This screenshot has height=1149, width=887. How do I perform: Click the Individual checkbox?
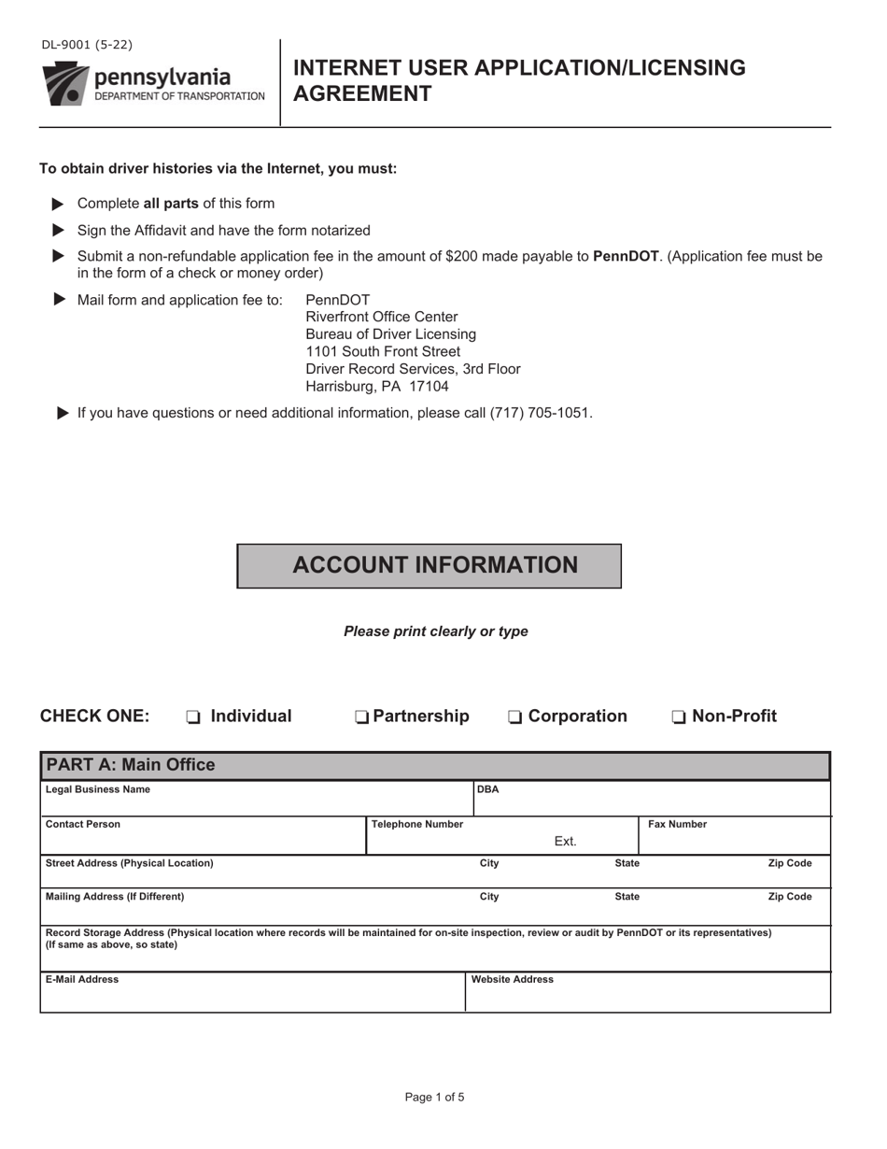click(x=193, y=717)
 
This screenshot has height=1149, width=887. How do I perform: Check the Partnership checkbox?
click(x=361, y=717)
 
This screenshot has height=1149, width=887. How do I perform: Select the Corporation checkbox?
click(x=515, y=717)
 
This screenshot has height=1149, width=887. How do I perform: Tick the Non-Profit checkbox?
click(x=679, y=717)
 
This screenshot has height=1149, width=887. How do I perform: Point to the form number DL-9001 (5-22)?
click(x=87, y=44)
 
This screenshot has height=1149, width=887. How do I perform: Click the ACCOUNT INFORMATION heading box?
click(x=429, y=565)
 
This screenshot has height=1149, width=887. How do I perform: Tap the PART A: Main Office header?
click(x=131, y=765)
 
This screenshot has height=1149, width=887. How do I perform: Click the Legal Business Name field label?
click(x=97, y=789)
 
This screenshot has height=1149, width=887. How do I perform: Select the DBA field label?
click(x=488, y=789)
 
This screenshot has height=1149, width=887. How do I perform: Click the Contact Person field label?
click(x=83, y=824)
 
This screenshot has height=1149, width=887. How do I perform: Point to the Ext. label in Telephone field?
click(x=565, y=842)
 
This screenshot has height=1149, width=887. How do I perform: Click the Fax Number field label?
click(x=677, y=824)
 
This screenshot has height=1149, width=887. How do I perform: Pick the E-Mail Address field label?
click(x=82, y=979)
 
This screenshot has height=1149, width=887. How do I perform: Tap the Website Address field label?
click(x=513, y=979)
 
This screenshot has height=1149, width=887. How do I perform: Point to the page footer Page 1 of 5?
click(x=434, y=1097)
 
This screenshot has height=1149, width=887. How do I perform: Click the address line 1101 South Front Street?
click(x=383, y=351)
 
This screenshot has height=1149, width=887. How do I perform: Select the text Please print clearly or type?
click(x=435, y=631)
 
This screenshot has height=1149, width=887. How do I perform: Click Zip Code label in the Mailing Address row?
click(x=789, y=897)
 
